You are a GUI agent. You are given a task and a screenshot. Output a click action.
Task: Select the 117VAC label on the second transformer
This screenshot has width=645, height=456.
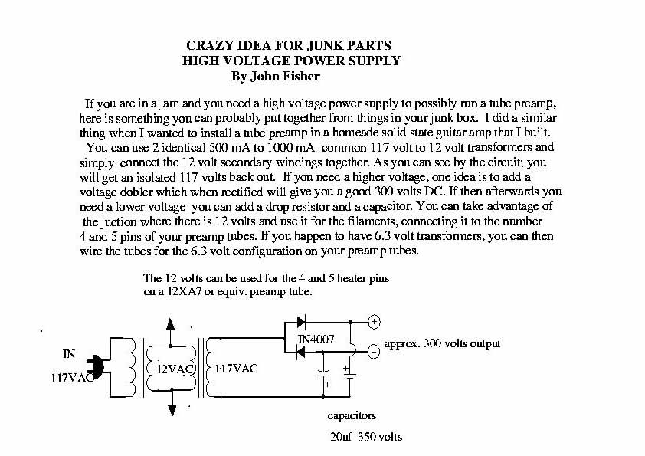234,368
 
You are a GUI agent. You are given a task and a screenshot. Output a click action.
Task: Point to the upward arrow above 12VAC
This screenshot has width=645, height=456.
170,323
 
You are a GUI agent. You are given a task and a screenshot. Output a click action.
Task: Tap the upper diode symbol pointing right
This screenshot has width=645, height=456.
301,322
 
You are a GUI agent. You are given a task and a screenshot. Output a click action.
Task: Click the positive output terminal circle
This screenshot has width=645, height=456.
375,322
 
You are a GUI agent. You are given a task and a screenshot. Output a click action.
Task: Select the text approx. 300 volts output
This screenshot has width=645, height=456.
442,343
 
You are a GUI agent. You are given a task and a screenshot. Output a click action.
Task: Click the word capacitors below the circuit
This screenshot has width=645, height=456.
352,417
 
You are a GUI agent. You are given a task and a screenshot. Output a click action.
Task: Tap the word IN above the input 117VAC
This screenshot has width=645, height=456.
68,353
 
